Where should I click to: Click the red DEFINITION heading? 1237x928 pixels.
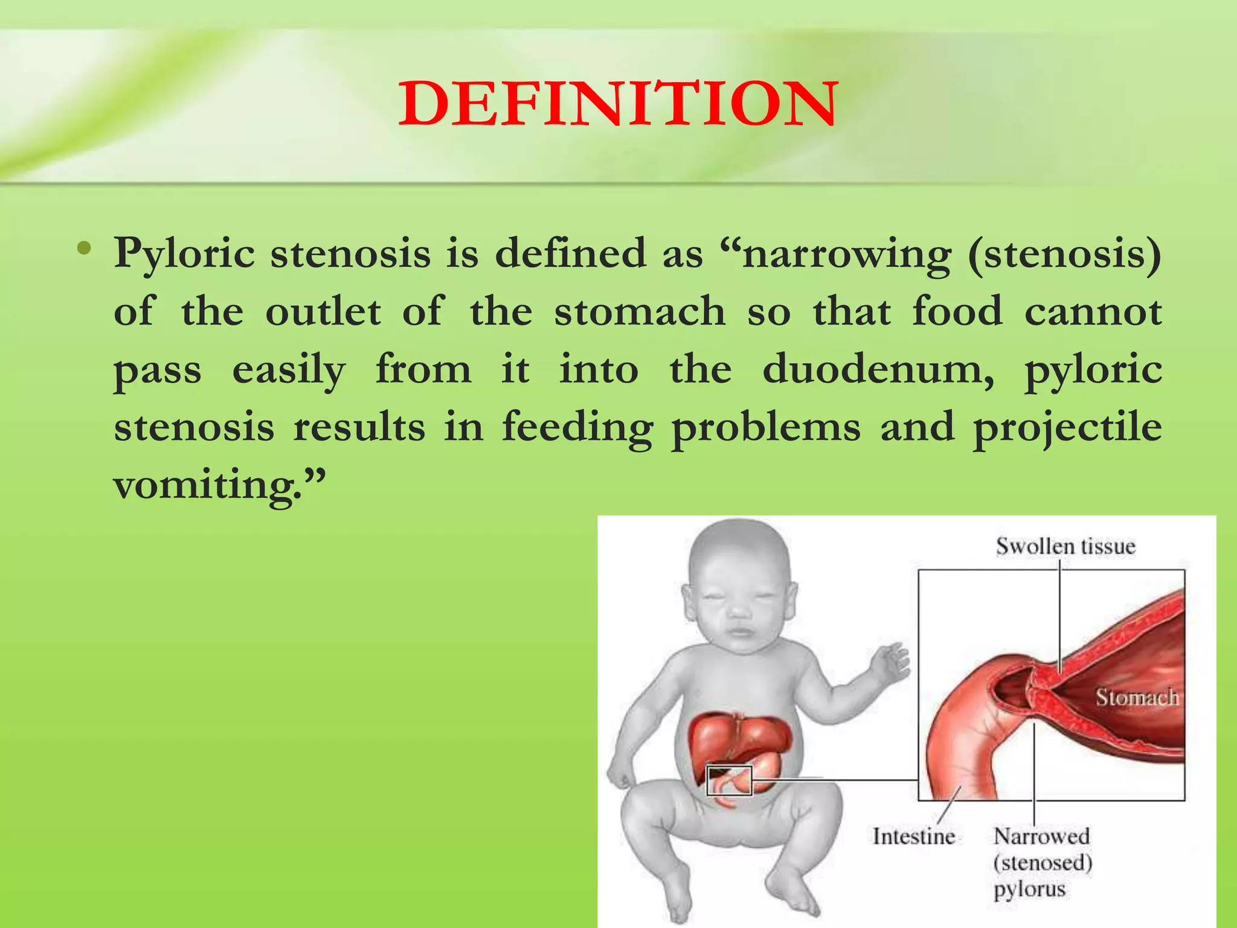pos(618,104)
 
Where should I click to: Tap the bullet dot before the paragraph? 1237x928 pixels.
pos(85,248)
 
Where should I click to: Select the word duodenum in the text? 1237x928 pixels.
pos(878,369)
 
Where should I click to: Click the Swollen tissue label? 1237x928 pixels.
pos(1065,547)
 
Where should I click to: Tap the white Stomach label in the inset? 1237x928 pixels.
pos(1137,698)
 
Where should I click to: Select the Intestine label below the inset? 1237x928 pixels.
pos(913,837)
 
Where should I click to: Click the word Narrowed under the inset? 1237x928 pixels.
pos(1042,837)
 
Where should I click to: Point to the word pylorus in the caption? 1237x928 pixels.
pos(1030,889)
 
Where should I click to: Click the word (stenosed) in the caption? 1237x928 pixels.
pos(1043,863)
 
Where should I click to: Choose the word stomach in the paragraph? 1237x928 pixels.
pos(640,312)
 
